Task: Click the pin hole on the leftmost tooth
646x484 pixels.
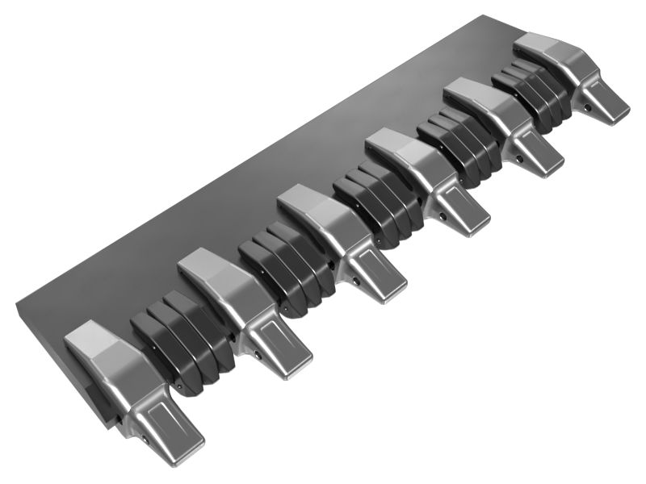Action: point(145,440)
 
